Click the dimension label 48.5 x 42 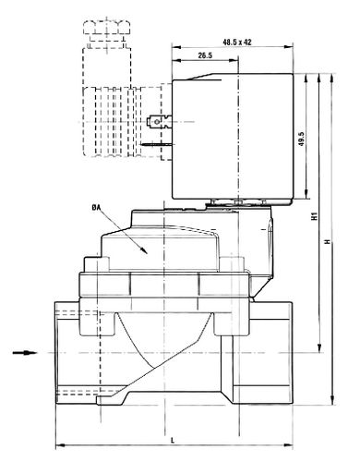tap(237, 42)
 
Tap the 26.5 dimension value tap(205, 55)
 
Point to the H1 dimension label tap(314, 216)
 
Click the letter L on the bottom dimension tap(173, 440)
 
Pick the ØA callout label tap(96, 208)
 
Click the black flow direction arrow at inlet tap(25, 352)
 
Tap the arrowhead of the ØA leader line tap(144, 250)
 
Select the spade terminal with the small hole tap(160, 122)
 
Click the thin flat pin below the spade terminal tap(157, 144)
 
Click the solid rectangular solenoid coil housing tap(233, 136)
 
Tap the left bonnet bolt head tap(97, 264)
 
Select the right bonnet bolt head tap(232, 264)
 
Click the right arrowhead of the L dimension tap(288, 445)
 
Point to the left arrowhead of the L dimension tap(60, 445)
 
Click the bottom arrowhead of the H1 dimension tap(319, 347)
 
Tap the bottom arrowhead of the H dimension tap(331, 400)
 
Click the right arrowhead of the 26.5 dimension tap(234, 61)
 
